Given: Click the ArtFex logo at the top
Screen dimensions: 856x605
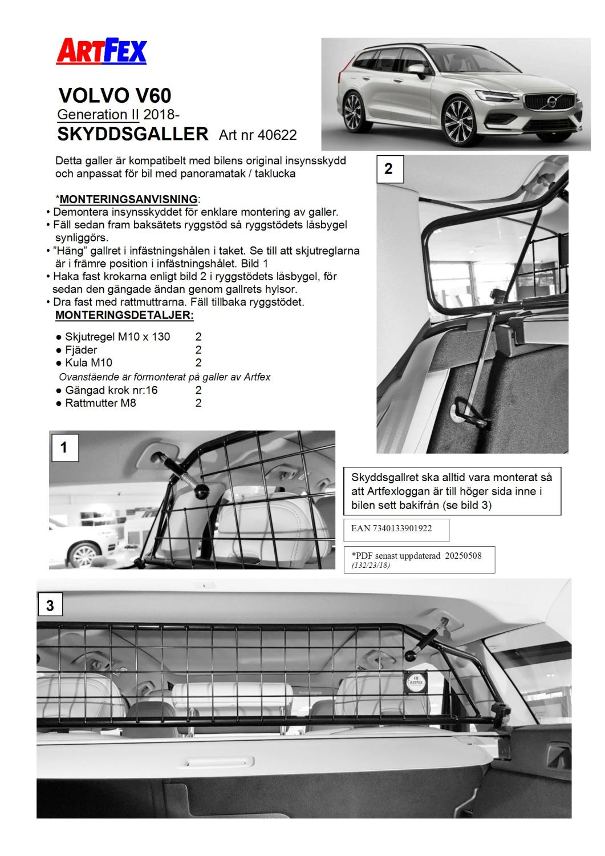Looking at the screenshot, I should tap(101, 51).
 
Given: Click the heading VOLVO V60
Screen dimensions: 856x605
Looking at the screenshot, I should tap(115, 95).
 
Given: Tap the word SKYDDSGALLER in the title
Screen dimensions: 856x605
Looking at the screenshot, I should tap(133, 134).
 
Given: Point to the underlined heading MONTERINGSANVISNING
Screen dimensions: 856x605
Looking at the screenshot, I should tap(128, 199).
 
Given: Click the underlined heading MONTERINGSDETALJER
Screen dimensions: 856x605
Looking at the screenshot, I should tap(124, 315).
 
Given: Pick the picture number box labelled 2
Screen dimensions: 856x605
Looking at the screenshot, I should tap(389, 169).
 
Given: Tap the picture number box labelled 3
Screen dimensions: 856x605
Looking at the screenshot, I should tap(50, 605).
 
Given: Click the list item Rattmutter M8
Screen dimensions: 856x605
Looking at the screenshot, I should tap(100, 403).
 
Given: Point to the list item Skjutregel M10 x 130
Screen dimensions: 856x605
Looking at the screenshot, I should tap(117, 337).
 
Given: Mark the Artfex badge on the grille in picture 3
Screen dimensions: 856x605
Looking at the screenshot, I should tap(415, 680).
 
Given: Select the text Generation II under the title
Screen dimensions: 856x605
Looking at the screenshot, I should tap(98, 114).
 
